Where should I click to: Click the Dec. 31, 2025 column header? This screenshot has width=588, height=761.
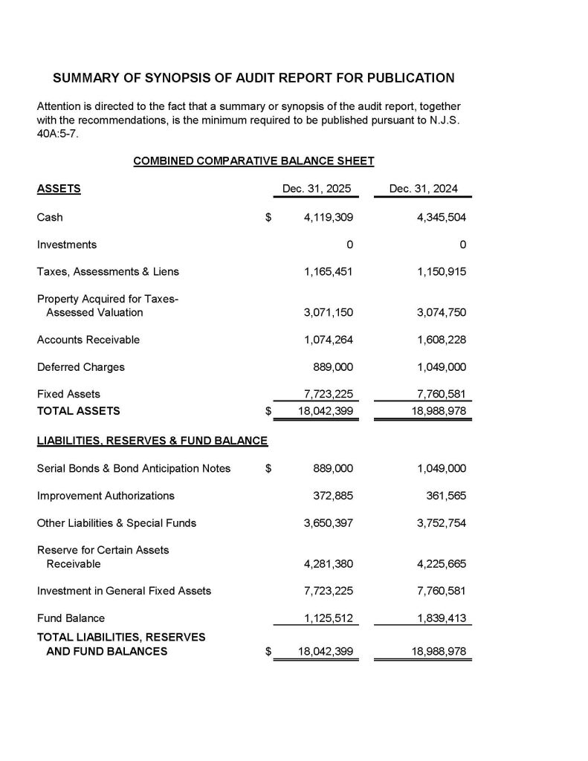pyautogui.click(x=317, y=189)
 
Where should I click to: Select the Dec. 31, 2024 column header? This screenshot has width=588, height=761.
pyautogui.click(x=423, y=189)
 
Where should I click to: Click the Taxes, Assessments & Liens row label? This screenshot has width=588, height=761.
pyautogui.click(x=108, y=271)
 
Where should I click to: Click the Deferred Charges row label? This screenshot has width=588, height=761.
pyautogui.click(x=81, y=367)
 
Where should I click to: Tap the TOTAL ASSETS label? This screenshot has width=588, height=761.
pyautogui.click(x=78, y=410)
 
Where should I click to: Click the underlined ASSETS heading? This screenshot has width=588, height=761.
pyautogui.click(x=59, y=189)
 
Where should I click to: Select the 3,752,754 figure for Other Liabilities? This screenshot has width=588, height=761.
pyautogui.click(x=442, y=523)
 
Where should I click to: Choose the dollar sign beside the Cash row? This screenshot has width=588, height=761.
pyautogui.click(x=269, y=218)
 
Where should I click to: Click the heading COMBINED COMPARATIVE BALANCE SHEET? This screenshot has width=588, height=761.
pyautogui.click(x=253, y=161)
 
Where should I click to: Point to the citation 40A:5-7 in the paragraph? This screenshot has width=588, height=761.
pyautogui.click(x=56, y=133)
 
